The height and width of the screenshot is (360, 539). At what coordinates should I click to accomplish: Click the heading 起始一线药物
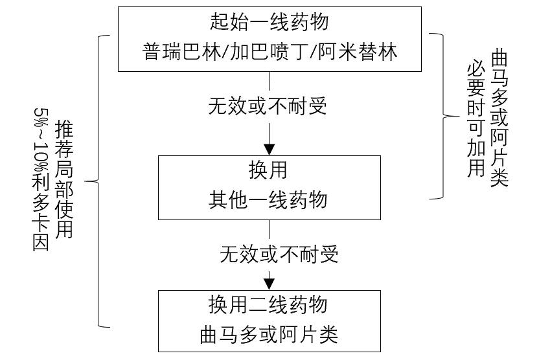coord(269,21)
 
